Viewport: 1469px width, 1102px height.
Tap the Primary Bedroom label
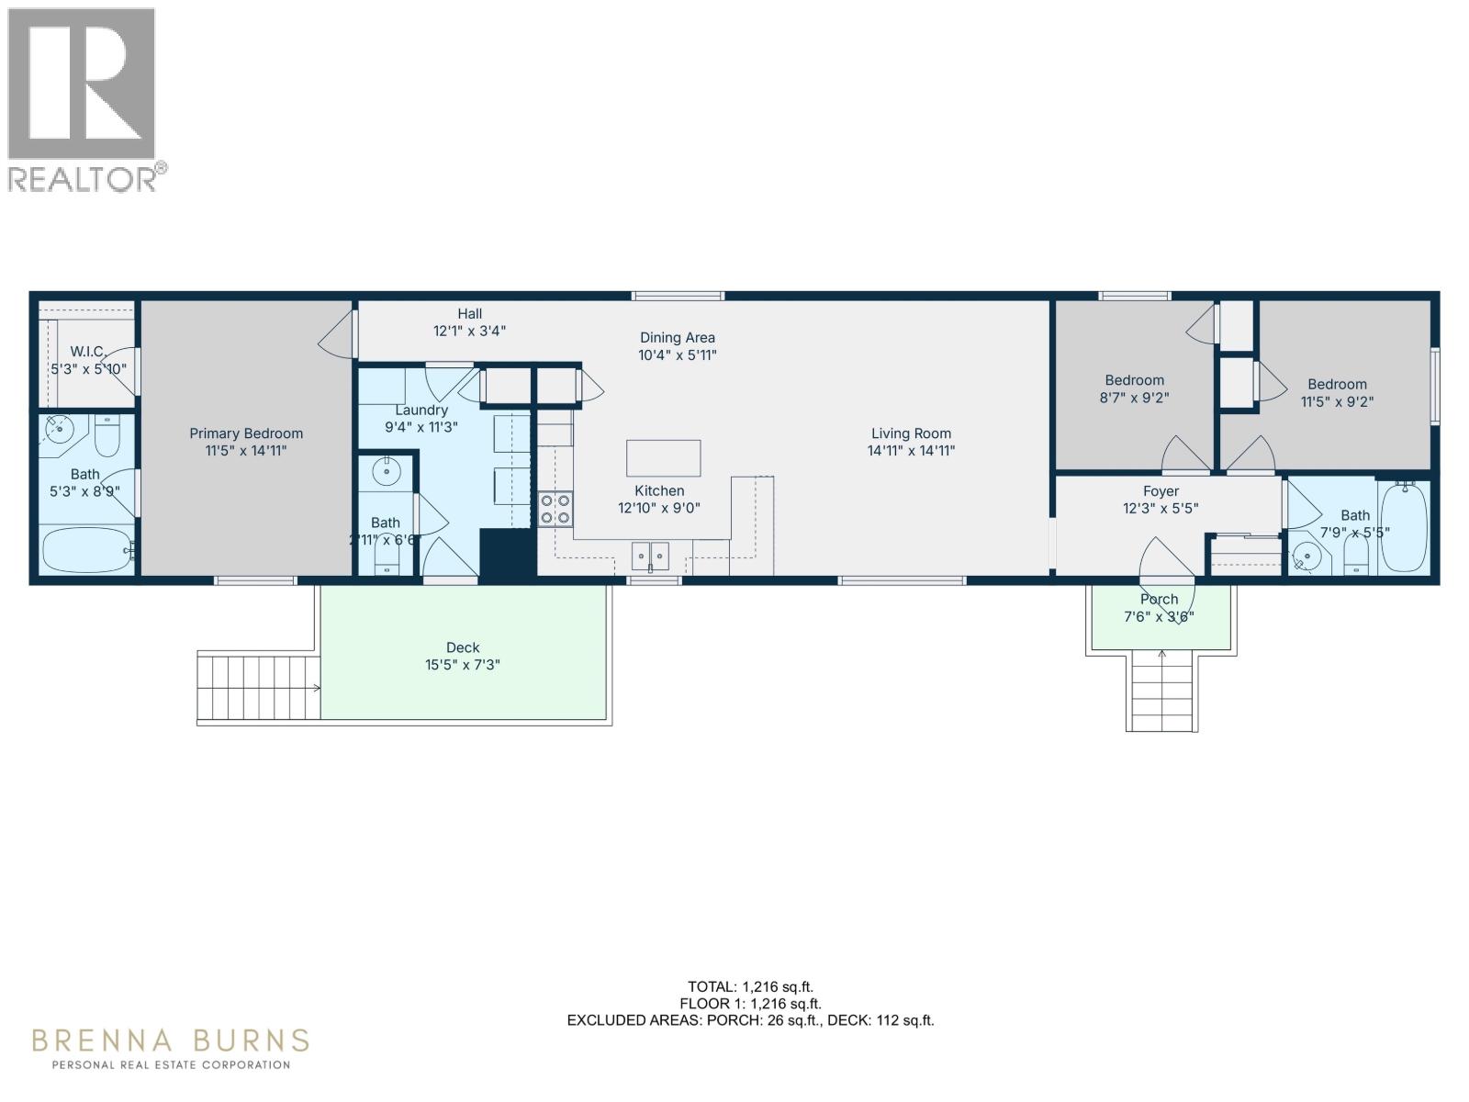(246, 433)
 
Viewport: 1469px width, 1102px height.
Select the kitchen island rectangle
(663, 457)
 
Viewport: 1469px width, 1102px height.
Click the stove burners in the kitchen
(555, 509)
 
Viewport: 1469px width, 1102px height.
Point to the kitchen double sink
(650, 555)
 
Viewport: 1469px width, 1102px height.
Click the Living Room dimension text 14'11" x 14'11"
(911, 451)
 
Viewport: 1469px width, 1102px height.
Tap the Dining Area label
(678, 338)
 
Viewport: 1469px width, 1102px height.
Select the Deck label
(463, 647)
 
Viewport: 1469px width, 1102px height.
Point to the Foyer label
(1161, 491)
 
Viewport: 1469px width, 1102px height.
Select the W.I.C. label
(88, 352)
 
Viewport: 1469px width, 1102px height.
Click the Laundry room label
(421, 410)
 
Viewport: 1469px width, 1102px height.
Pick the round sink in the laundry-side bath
(387, 473)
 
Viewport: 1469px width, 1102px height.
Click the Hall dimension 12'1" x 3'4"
(469, 331)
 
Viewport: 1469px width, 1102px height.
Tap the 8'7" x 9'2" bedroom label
(1134, 380)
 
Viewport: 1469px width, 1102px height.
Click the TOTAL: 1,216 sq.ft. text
(750, 987)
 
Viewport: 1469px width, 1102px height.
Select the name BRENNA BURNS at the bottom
(171, 1040)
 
